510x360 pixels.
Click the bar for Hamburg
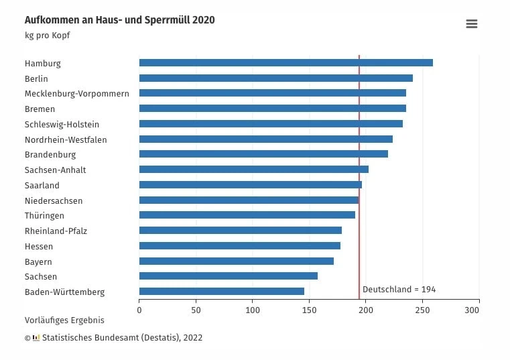point(285,63)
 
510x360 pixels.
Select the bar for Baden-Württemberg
point(221,292)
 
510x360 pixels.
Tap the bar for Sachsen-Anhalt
point(253,170)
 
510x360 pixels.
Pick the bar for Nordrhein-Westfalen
point(265,139)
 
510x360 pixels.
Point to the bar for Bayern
point(236,261)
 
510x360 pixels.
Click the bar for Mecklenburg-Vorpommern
point(272,93)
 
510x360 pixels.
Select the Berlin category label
point(36,78)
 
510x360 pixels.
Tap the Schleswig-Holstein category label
point(62,124)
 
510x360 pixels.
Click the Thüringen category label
point(44,216)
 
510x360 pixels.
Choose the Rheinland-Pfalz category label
point(56,231)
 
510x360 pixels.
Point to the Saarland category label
point(42,185)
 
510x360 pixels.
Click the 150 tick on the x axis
point(309,310)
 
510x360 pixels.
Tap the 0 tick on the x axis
point(139,310)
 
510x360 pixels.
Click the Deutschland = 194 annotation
point(399,290)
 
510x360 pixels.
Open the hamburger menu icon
point(471,24)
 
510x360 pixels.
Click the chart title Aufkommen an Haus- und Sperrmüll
point(119,20)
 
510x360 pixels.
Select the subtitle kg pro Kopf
point(47,36)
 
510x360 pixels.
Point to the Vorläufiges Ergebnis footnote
point(64,320)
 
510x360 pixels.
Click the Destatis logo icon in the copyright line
point(36,338)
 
